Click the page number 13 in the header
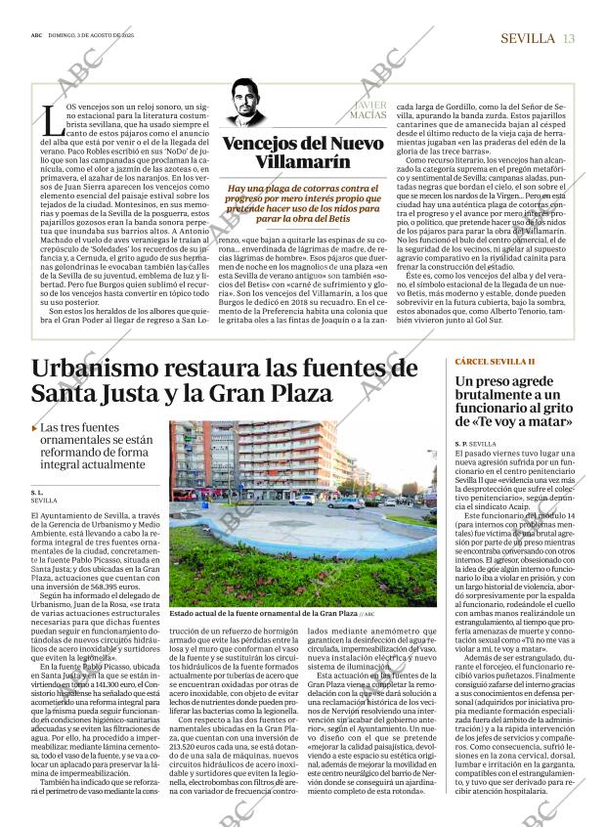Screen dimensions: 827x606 569,38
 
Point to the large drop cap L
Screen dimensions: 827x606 50,120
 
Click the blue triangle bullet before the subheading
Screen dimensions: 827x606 35,428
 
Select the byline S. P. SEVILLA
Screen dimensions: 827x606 476,444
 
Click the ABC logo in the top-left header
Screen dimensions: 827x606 36,39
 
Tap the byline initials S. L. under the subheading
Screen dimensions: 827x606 37,491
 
